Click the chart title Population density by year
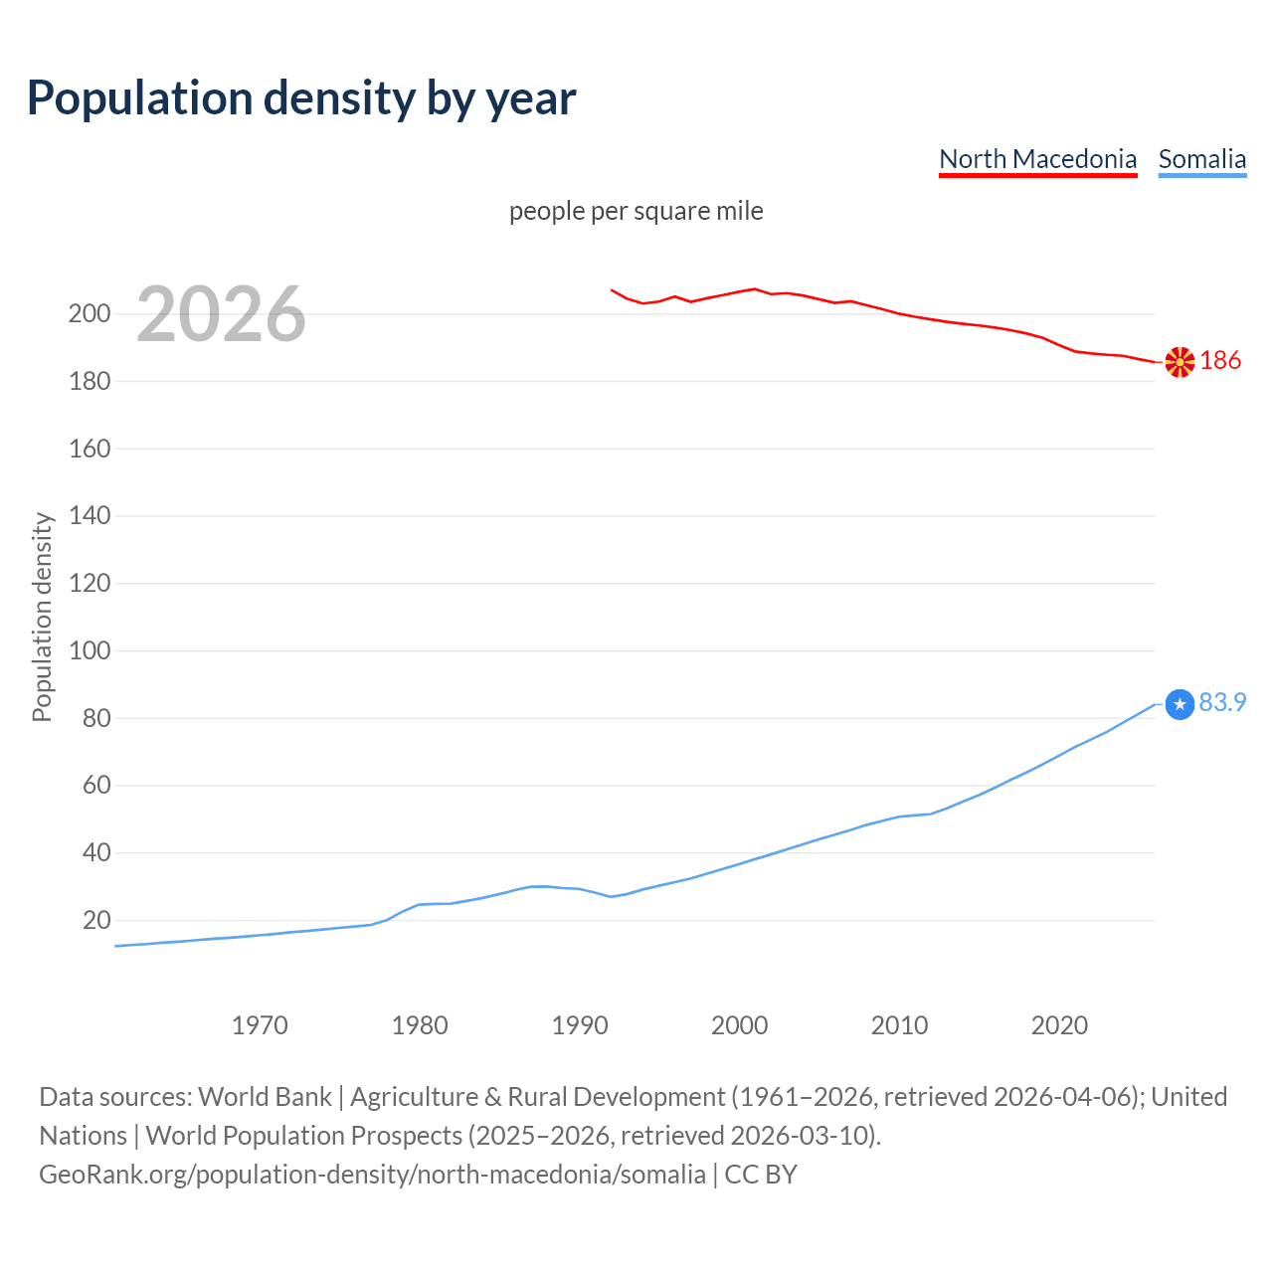(x=301, y=98)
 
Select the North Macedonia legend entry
(x=1037, y=159)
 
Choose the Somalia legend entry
(x=1201, y=159)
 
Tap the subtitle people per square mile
(x=636, y=211)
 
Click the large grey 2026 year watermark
(x=221, y=314)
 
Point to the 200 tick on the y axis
(x=90, y=314)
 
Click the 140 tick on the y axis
(x=90, y=516)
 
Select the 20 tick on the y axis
(x=96, y=920)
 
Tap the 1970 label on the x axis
(x=260, y=1025)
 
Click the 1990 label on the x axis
(x=580, y=1025)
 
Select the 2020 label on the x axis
(x=1059, y=1025)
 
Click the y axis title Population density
(x=42, y=617)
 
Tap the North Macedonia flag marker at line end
(x=1180, y=362)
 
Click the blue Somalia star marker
(x=1180, y=704)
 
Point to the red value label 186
(x=1220, y=360)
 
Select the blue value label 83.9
(x=1222, y=702)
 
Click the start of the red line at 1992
(x=612, y=290)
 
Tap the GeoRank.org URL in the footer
(x=372, y=1175)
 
